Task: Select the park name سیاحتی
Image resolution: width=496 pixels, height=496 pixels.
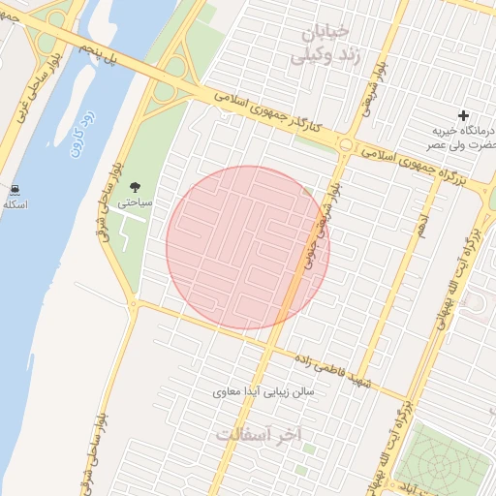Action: coord(134,204)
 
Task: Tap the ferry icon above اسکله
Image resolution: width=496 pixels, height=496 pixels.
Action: coord(15,189)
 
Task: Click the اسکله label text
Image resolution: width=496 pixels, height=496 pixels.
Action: coord(15,204)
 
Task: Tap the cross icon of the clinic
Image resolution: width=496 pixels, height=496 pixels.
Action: coord(463,115)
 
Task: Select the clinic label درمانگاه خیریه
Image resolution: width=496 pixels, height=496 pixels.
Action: coord(463,131)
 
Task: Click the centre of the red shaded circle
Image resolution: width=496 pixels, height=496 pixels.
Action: coord(248,247)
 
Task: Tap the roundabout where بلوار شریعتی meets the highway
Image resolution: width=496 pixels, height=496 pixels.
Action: coord(346,145)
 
